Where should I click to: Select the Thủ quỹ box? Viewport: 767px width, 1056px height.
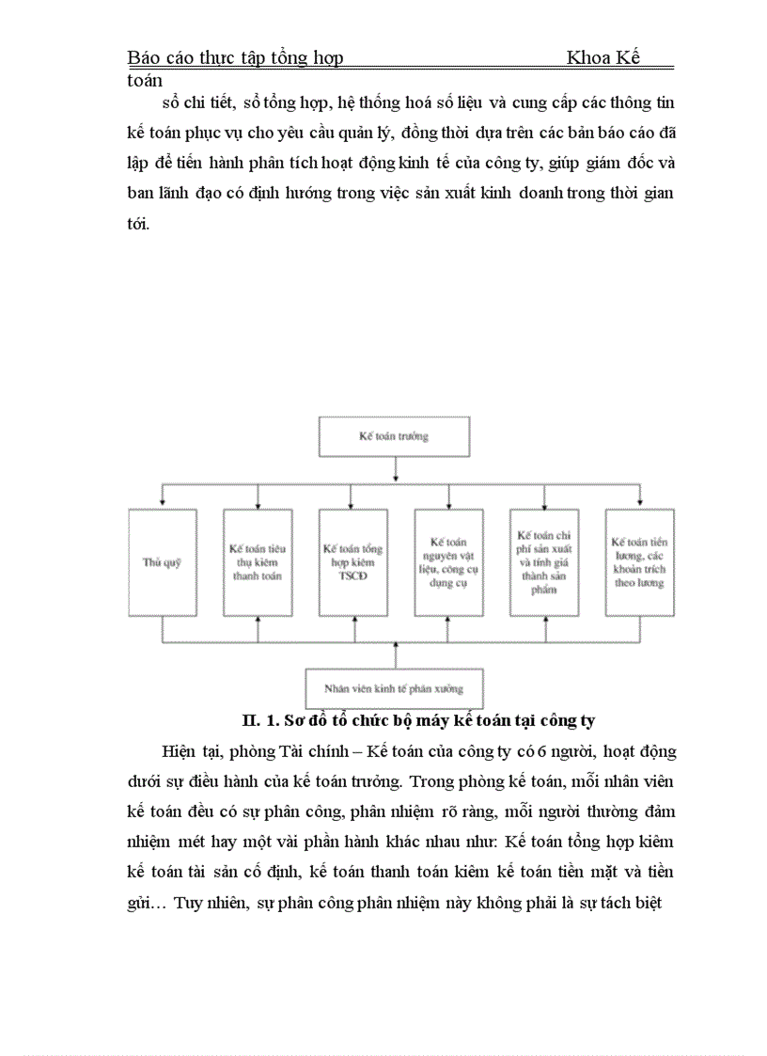coord(163,562)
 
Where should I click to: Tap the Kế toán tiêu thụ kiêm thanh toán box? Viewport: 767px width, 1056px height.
coord(258,562)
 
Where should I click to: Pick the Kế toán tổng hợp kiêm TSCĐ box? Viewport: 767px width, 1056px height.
coord(352,562)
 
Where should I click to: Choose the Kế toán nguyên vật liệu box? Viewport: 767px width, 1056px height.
coord(449,562)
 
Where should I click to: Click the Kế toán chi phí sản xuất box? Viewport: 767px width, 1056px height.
coord(544,562)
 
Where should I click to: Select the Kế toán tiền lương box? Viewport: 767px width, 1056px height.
coord(639,562)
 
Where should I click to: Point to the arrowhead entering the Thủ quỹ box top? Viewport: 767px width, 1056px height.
coord(163,505)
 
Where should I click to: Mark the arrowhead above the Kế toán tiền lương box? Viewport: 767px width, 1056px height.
coord(639,505)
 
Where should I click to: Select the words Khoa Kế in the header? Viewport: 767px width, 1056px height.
coord(603,57)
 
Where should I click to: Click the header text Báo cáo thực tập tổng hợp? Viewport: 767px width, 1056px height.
coord(235,57)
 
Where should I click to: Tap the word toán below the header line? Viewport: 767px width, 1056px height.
coord(145,81)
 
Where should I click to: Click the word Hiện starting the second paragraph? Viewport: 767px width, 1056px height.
coord(179,751)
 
